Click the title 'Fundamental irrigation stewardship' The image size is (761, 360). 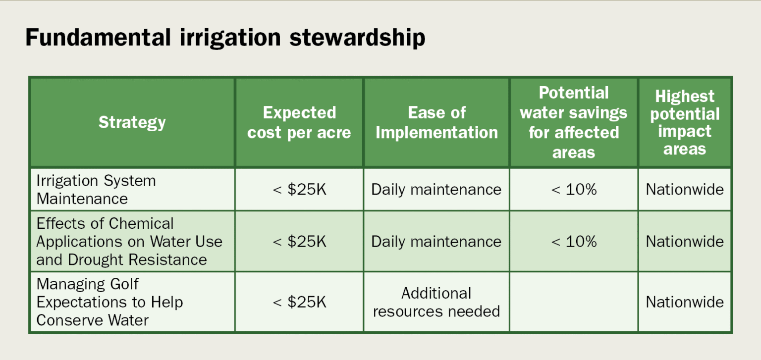tap(225, 38)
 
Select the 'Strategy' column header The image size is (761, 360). tap(132, 122)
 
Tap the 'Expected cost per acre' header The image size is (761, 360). tap(299, 122)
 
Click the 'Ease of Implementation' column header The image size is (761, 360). tap(436, 122)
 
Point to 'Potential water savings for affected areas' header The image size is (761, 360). tap(573, 122)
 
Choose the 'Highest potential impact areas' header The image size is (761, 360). tap(685, 122)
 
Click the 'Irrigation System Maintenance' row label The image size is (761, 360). tap(96, 190)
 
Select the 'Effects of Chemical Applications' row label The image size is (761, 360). tap(129, 242)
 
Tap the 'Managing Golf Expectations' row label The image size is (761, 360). tap(109, 302)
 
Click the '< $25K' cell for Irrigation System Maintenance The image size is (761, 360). tap(299, 190)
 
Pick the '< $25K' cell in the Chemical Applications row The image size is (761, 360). tap(299, 242)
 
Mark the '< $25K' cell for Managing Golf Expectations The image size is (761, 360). tap(299, 302)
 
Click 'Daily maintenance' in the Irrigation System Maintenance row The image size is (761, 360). tap(436, 190)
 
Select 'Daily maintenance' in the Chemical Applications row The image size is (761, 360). tap(436, 242)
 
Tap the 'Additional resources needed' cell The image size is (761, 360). tap(436, 302)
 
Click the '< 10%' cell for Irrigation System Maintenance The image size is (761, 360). tap(574, 190)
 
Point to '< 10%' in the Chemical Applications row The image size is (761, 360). tap(574, 242)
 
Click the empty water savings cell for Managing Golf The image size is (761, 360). tap(574, 302)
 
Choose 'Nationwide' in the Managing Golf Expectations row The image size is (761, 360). tap(685, 302)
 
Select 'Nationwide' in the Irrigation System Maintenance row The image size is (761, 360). tap(685, 190)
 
